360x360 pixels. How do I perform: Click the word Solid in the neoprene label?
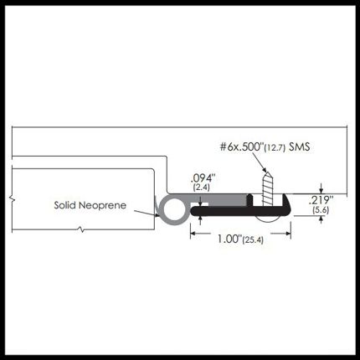point(65,205)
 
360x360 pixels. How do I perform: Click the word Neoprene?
point(102,205)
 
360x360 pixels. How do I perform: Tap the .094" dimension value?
point(203,178)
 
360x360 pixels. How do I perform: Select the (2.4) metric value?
point(201,188)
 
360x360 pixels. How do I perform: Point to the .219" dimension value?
point(321,200)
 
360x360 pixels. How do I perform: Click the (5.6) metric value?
point(321,209)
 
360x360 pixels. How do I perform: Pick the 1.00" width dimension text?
point(229,239)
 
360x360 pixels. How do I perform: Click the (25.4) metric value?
point(253,239)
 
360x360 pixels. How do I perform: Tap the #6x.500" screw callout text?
point(241,147)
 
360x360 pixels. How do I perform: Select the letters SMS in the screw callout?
point(300,147)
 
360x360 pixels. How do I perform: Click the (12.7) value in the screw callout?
point(275,147)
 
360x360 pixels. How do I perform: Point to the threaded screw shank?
point(267,190)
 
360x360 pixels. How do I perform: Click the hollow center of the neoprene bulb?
point(174,210)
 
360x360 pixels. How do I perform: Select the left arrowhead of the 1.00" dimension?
point(193,234)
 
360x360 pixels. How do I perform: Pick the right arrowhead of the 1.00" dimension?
point(288,234)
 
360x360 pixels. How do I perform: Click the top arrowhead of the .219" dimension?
point(321,191)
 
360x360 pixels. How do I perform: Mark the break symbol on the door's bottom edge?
point(81,230)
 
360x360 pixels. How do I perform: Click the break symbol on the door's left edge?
point(12,198)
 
